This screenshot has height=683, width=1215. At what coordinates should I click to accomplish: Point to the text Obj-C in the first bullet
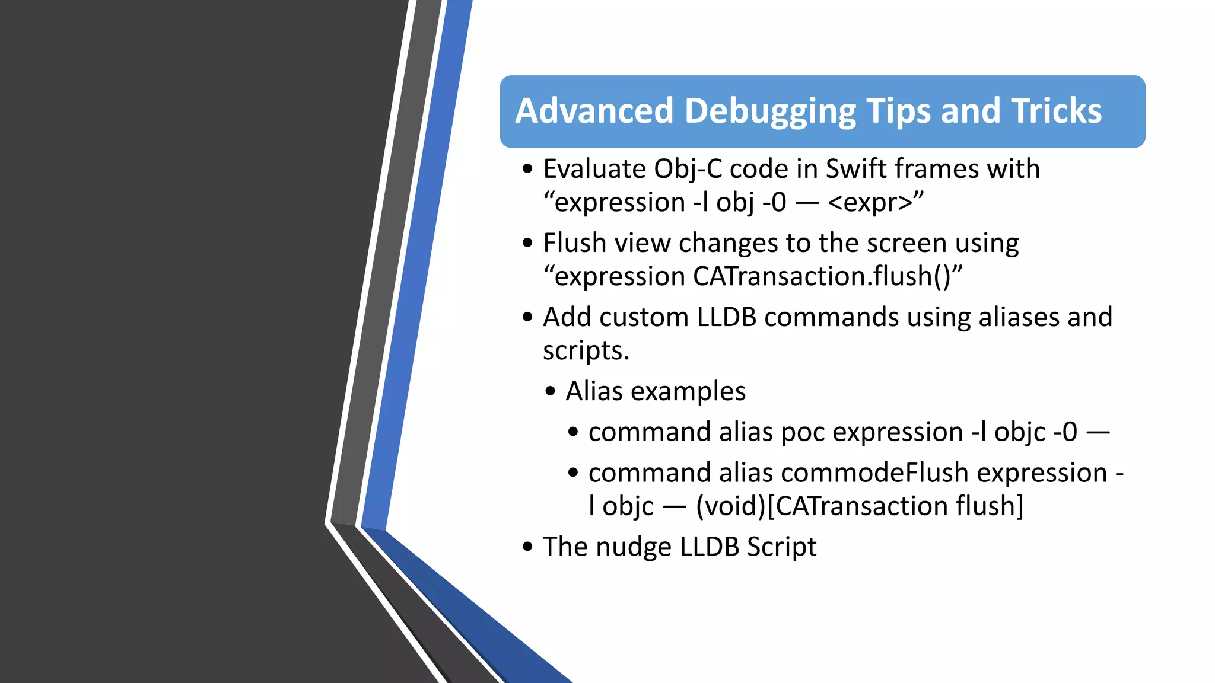[688, 170]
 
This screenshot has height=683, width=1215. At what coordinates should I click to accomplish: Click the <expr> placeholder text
[870, 203]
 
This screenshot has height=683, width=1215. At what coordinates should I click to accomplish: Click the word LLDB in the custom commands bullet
[727, 317]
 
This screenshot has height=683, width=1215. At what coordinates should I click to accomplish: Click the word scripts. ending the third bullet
[586, 350]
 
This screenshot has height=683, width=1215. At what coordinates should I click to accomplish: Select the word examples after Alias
[688, 391]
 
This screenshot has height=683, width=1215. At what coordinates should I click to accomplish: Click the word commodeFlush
[874, 473]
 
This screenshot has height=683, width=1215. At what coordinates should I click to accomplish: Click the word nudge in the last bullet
[634, 547]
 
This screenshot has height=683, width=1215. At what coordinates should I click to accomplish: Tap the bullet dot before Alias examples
[551, 391]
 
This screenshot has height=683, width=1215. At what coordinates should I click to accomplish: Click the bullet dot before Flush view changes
[528, 243]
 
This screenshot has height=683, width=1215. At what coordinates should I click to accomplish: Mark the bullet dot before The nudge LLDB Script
[528, 547]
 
